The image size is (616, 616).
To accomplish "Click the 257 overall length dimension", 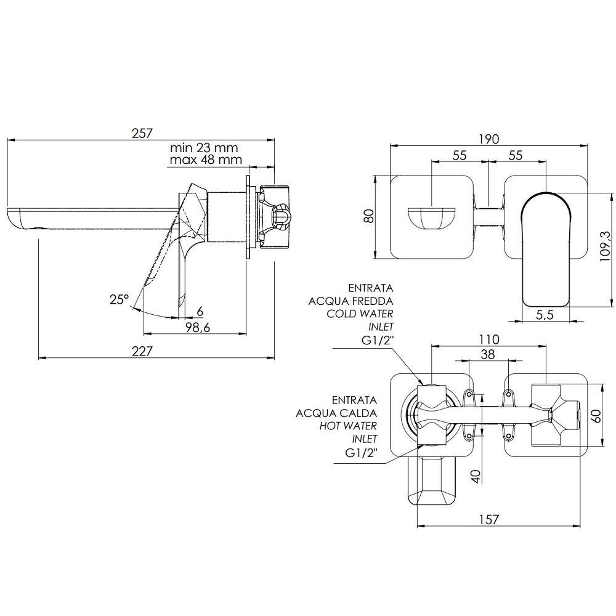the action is point(142,133).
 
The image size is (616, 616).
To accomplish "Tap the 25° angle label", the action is point(120,300).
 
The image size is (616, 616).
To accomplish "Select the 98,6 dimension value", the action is point(198,327).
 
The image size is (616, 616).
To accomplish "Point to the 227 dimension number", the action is point(142,351).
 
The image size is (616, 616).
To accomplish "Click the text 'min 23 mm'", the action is point(204,148).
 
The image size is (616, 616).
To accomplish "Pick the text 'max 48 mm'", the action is point(206,160).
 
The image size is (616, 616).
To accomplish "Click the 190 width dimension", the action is point(488,139).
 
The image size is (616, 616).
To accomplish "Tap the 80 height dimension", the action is point(369,216).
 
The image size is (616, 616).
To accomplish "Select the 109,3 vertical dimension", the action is point(606,247).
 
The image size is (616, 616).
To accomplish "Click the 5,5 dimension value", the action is point(545,315).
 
